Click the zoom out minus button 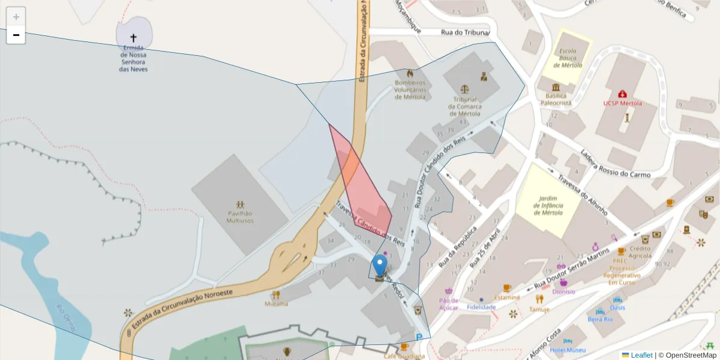(x=16, y=35)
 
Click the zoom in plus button (x=16, y=16)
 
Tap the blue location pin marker (x=379, y=266)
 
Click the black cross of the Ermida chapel (x=133, y=38)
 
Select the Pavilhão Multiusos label (x=239, y=217)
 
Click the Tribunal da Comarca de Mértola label (x=464, y=106)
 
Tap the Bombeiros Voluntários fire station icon (x=410, y=74)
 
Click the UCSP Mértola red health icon (x=623, y=94)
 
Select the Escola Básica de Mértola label (x=568, y=58)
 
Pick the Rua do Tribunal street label (x=465, y=32)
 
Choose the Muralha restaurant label (x=276, y=304)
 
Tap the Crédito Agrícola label (x=641, y=252)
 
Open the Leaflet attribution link (x=641, y=355)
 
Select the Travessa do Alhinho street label (x=582, y=195)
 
